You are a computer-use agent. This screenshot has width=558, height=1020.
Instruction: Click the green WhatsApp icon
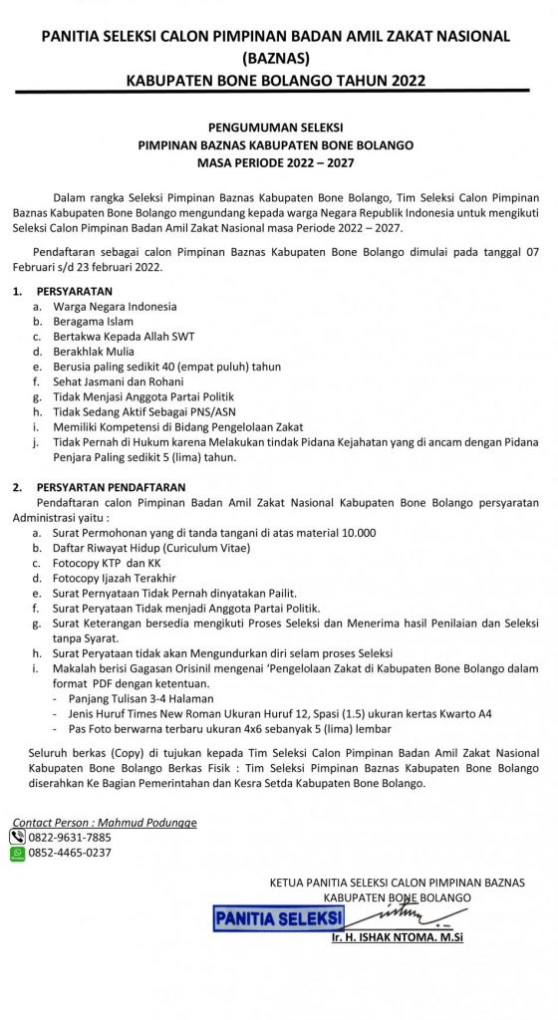click(x=17, y=853)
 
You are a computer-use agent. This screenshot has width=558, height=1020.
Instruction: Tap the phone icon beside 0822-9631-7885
click(x=17, y=838)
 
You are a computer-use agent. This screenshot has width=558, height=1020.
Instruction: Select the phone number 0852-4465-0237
click(x=70, y=853)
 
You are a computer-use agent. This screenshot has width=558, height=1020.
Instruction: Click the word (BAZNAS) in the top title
click(x=279, y=57)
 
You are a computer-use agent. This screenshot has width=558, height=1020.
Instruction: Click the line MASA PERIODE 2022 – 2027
click(x=278, y=160)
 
